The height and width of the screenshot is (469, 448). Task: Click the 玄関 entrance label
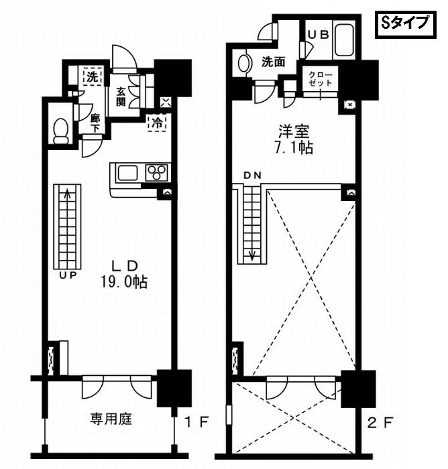point(121,96)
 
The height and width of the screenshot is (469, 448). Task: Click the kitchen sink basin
point(127,173)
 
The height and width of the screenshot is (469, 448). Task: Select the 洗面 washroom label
point(273,62)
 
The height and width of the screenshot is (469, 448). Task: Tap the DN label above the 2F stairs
point(252,176)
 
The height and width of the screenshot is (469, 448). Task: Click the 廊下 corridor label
point(95,122)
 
